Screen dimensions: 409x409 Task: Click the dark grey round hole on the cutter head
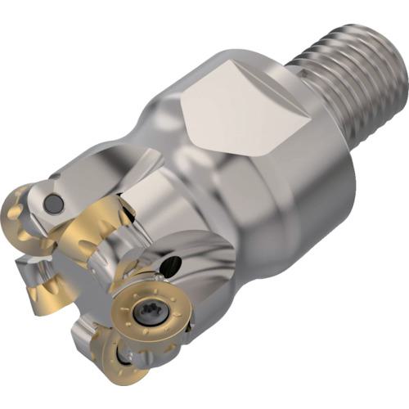[54, 202]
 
